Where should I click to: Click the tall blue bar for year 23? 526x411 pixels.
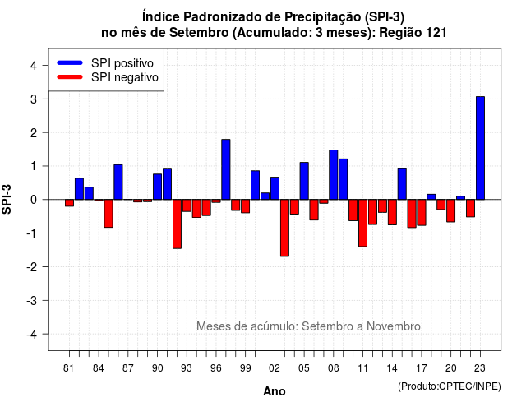tap(480, 148)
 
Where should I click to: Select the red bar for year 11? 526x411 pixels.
tap(362, 223)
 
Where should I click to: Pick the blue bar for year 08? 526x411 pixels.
tap(333, 175)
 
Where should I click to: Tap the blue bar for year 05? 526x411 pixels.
tap(304, 181)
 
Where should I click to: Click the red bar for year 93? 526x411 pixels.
tap(187, 205)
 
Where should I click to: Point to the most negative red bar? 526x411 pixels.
tap(284, 229)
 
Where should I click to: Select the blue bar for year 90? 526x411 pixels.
tap(157, 187)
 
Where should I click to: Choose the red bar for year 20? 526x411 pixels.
tap(451, 210)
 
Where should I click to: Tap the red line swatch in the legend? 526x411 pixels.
tap(70, 77)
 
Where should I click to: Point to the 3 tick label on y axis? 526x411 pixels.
tap(34, 99)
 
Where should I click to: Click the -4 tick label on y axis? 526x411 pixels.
tap(32, 335)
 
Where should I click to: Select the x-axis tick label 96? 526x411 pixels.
tap(216, 368)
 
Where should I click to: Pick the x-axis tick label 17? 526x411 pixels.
tap(422, 368)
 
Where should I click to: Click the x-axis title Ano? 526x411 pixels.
tap(275, 391)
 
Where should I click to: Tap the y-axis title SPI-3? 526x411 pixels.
tap(7, 199)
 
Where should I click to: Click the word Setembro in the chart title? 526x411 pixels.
tap(199, 33)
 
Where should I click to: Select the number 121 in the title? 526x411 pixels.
tap(436, 33)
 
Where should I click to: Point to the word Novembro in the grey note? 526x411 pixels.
tap(393, 326)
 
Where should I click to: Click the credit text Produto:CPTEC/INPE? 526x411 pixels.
tap(450, 386)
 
